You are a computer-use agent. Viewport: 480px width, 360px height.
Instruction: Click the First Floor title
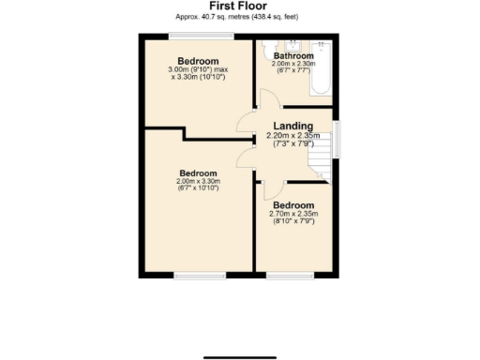coord(238,6)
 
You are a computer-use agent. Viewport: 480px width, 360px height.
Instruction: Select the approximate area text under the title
coord(238,17)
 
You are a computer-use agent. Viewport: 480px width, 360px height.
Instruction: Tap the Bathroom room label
coord(293,56)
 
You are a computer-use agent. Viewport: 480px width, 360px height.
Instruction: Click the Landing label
coord(293,126)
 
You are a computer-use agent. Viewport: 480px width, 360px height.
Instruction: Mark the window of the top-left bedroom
coord(201,36)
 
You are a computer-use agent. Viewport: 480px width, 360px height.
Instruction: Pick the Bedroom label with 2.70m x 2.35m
coord(293,204)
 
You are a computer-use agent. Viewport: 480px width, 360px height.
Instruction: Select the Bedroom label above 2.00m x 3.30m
coord(198,172)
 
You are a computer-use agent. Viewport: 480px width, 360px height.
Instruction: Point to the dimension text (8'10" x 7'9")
coord(293,222)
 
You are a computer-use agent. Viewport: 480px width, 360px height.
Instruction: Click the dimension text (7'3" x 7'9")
coord(293,143)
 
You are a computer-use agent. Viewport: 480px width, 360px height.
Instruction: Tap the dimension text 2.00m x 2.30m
coord(293,65)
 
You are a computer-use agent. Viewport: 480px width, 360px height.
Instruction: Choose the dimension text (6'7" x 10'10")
coord(198,189)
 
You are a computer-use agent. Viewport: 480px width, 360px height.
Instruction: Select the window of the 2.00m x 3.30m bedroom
coord(199,276)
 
